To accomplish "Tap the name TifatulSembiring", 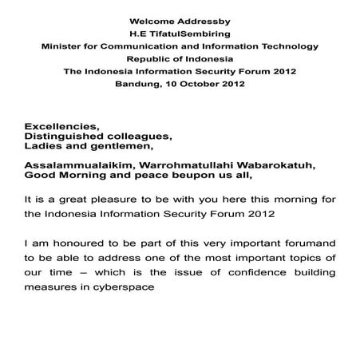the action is [x=186, y=33].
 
